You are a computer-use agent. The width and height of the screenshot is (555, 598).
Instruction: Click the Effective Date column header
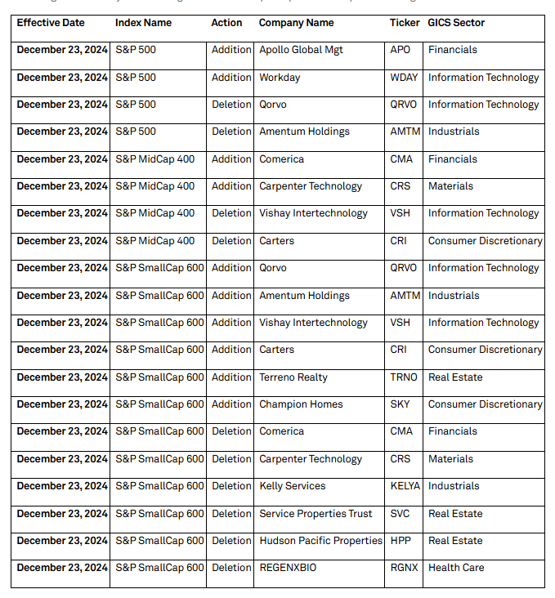point(51,23)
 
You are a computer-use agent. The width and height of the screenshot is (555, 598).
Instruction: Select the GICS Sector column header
point(456,23)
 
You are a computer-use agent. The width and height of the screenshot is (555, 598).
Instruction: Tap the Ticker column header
point(405,23)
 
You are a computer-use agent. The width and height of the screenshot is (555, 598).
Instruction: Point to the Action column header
point(226,23)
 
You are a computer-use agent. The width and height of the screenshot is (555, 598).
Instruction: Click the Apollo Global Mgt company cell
point(301,50)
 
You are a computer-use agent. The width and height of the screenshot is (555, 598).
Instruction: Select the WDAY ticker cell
point(404,78)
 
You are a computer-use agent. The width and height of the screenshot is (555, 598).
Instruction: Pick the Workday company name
point(280,78)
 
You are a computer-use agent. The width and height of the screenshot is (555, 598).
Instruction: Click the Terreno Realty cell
point(293,377)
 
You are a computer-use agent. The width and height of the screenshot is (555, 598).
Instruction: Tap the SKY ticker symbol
point(401,404)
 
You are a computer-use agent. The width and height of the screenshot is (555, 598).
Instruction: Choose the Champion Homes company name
point(301,404)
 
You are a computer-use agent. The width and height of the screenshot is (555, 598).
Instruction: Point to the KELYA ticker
point(405,486)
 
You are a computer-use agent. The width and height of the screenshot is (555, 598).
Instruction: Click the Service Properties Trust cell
point(316,514)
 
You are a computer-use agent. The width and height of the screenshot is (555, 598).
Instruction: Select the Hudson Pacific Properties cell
point(320,541)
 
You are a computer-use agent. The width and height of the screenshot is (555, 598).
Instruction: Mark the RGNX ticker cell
point(403,568)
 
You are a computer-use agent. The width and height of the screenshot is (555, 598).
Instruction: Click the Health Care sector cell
point(456,568)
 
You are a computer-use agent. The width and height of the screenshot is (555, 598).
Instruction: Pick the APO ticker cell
point(401,50)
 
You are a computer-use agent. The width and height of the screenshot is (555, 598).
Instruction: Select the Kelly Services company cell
point(292,486)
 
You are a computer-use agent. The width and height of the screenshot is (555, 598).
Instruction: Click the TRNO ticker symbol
point(403,377)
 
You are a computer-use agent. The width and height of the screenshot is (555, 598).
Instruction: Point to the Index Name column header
point(143,23)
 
